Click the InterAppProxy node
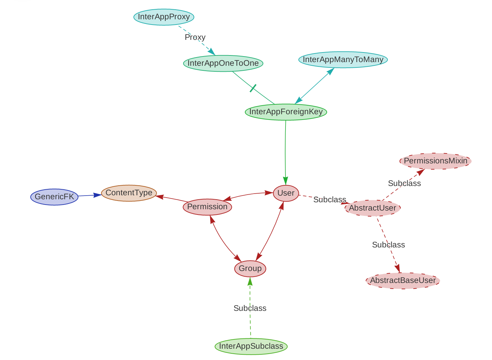164,17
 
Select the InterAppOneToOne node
223,63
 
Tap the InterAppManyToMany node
343,60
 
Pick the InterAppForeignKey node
286,112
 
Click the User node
286,193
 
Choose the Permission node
207,207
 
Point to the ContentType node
129,193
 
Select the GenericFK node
54,197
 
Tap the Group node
250,268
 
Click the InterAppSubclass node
251,346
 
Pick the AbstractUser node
372,208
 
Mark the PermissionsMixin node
435,161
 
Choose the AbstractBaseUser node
403,280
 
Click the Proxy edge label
195,37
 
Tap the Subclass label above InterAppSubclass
250,308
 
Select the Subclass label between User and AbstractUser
330,200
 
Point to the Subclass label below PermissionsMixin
404,183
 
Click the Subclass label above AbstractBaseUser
388,245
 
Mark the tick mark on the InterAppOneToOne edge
253,88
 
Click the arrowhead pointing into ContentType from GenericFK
98,195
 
